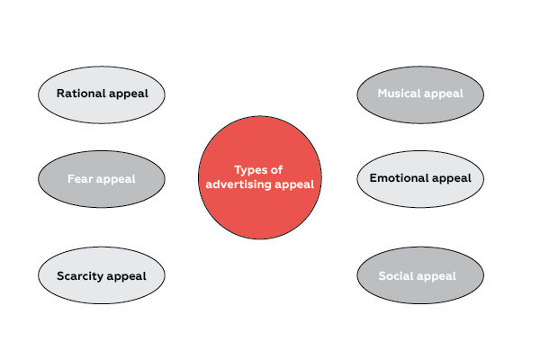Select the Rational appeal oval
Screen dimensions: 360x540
click(102, 93)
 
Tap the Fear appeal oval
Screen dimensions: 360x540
click(102, 179)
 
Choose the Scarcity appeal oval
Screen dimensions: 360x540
click(102, 275)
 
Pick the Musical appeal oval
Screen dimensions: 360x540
click(420, 93)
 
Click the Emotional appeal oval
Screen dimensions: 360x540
click(420, 178)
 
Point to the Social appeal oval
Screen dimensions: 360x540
click(420, 275)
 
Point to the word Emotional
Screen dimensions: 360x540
click(399, 178)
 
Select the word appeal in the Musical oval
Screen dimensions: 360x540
click(445, 94)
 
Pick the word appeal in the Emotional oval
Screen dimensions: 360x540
click(451, 178)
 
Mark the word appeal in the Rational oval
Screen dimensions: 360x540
click(126, 93)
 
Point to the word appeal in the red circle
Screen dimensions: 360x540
click(296, 184)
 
